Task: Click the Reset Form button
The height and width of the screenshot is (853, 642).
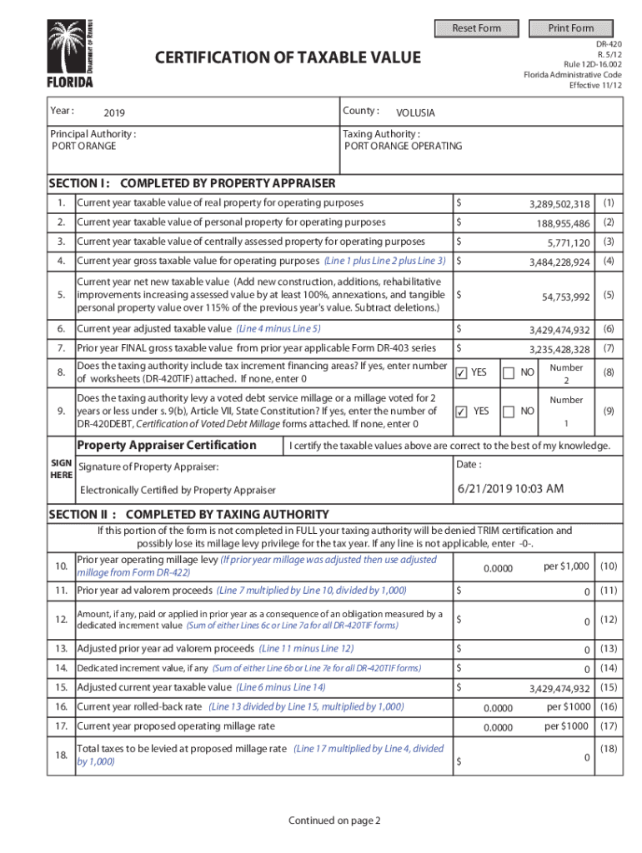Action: pyautogui.click(x=477, y=28)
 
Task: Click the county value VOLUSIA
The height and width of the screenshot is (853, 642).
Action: pyautogui.click(x=415, y=113)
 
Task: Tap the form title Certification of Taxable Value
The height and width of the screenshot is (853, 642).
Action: pyautogui.click(x=288, y=57)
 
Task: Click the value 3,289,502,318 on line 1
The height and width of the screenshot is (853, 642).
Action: pyautogui.click(x=559, y=204)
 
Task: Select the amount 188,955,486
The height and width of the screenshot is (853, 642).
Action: pyautogui.click(x=563, y=223)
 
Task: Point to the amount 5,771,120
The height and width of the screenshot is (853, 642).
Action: pyautogui.click(x=569, y=242)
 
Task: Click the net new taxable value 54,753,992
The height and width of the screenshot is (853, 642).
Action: pyautogui.click(x=565, y=297)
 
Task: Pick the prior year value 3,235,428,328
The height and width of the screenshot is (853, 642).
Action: pyautogui.click(x=559, y=350)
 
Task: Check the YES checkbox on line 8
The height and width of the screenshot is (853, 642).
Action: pyautogui.click(x=461, y=374)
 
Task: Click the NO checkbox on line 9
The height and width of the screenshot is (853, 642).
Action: pyautogui.click(x=509, y=412)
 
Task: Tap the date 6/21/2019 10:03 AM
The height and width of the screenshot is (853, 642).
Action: pyautogui.click(x=510, y=488)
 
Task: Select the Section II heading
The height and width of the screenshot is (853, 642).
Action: pyautogui.click(x=188, y=514)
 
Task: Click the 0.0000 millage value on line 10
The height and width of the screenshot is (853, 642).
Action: pyautogui.click(x=498, y=568)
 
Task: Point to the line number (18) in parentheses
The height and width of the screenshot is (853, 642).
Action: pyautogui.click(x=609, y=749)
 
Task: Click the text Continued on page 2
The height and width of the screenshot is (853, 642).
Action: pyautogui.click(x=334, y=821)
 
